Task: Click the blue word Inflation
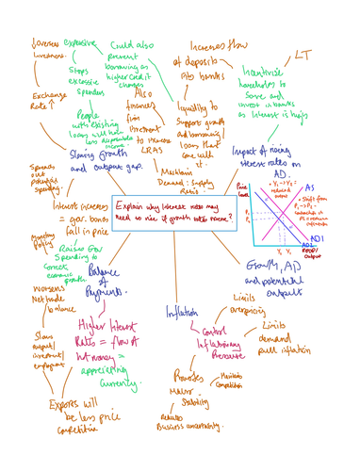[x=184, y=311]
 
